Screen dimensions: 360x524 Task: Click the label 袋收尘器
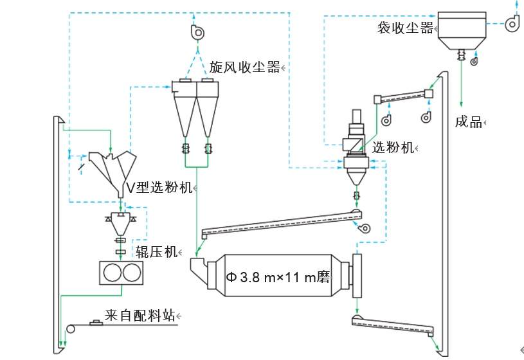click(x=405, y=28)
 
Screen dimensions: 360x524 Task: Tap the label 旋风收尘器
click(x=245, y=67)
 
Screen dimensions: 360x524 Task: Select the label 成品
click(x=468, y=122)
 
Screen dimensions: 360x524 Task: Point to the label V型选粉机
click(x=159, y=188)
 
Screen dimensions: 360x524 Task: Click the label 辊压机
click(x=156, y=252)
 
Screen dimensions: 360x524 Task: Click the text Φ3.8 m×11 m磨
click(x=277, y=277)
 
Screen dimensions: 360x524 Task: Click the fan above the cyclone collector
click(x=197, y=32)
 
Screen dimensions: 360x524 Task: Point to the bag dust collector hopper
click(x=460, y=40)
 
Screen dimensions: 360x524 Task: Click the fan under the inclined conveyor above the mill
click(x=365, y=229)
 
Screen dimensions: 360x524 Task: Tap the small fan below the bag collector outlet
click(x=474, y=62)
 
